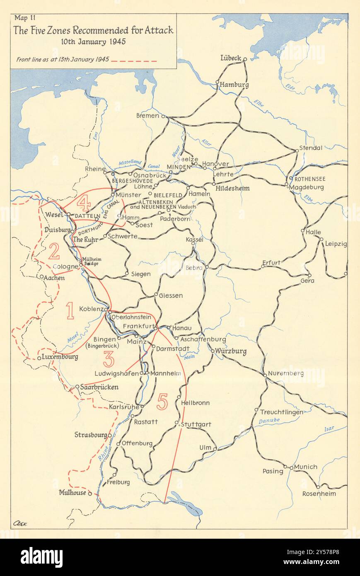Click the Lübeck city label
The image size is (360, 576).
231,58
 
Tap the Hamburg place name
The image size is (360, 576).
234,85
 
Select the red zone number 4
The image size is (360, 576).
84,203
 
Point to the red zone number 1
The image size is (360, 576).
70,311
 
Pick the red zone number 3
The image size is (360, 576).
109,359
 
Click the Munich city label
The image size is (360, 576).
306,467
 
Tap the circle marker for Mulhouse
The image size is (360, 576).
90,494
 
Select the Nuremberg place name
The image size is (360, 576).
286,373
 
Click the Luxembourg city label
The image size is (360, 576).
60,356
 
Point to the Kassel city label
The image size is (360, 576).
195,240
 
